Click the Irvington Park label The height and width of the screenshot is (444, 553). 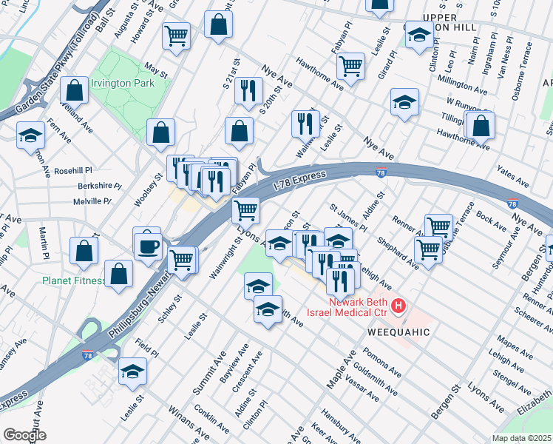(122, 84)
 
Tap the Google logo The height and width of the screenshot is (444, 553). (24, 434)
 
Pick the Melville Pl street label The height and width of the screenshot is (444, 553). (91, 201)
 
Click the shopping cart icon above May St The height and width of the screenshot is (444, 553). (177, 34)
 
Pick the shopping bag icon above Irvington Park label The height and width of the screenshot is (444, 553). (75, 90)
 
